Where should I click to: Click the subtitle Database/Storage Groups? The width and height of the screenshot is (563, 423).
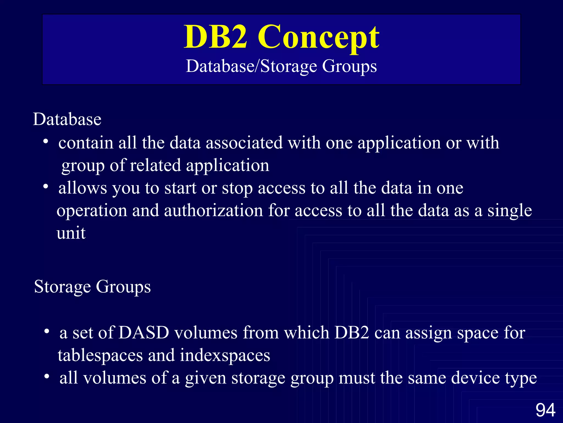coord(281,66)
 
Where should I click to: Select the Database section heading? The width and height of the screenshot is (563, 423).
coord(67,119)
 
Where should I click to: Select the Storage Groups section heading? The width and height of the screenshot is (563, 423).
coord(92,287)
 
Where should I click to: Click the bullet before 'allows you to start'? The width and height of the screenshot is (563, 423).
coord(46,187)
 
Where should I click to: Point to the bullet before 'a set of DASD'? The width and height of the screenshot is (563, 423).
coord(47,332)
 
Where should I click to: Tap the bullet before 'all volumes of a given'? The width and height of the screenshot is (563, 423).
coord(47,376)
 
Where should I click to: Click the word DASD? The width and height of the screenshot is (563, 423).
coord(144,333)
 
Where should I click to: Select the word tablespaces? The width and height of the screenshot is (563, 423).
coord(100,355)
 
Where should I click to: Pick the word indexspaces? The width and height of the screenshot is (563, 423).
coord(225,355)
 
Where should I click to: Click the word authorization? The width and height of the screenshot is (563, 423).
coord(214,210)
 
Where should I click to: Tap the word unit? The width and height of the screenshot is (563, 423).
coord(71,233)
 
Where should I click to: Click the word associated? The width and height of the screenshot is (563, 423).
coord(244,143)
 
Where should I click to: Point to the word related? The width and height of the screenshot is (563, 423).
coord(155,165)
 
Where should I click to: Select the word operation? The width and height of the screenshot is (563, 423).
coord(92,211)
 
